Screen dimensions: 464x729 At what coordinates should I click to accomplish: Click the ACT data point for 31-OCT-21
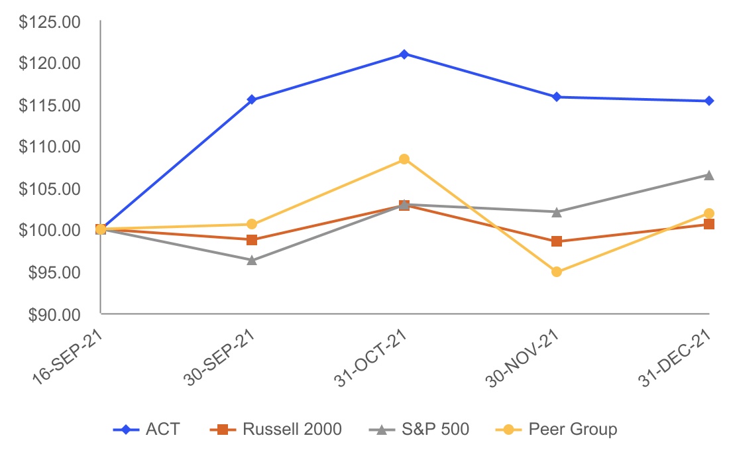[404, 54]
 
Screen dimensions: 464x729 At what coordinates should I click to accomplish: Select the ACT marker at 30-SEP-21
[252, 99]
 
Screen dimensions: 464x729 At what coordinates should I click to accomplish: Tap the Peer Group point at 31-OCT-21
[404, 159]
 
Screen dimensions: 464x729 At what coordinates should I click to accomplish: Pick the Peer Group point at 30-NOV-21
[557, 272]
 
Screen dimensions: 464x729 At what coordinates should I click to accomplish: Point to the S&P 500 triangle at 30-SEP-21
[252, 261]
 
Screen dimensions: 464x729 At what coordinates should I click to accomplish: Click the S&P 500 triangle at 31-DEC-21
[709, 175]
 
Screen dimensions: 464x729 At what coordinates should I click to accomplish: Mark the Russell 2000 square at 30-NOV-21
[557, 241]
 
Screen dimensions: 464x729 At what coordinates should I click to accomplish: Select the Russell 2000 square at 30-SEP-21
[252, 240]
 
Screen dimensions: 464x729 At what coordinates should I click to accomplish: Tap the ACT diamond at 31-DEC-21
[709, 101]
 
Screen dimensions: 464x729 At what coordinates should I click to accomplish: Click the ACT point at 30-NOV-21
[557, 97]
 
